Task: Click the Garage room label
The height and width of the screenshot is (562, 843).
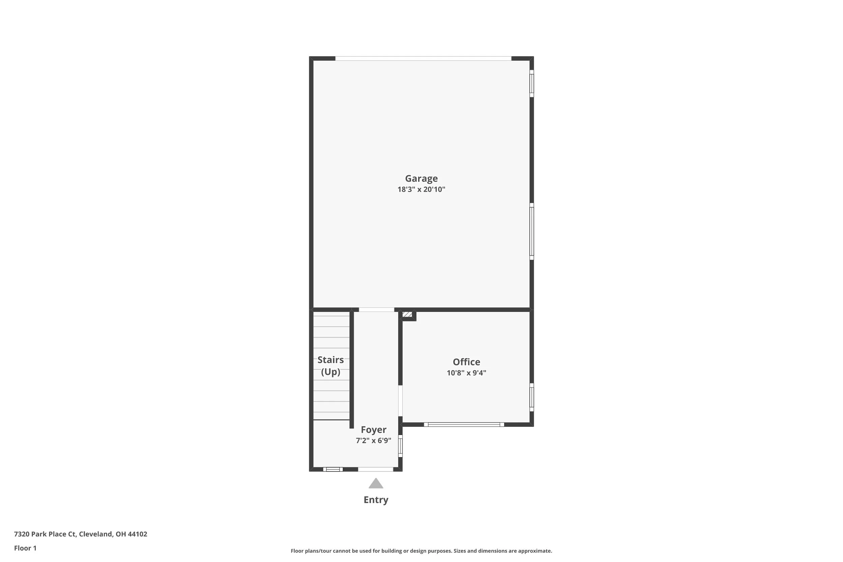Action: click(x=421, y=178)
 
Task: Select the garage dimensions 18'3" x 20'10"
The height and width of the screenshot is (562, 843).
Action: click(x=421, y=189)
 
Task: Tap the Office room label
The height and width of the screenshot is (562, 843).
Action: click(x=466, y=362)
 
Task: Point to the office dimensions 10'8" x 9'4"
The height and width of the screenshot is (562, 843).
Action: click(x=466, y=373)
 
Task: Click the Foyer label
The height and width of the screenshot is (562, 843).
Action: click(x=374, y=430)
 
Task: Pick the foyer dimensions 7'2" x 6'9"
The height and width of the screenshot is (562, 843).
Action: click(x=374, y=441)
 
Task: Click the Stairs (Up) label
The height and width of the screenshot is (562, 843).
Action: click(x=330, y=365)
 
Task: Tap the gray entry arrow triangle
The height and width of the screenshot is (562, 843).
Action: click(x=376, y=483)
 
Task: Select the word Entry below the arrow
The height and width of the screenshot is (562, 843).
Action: click(x=376, y=500)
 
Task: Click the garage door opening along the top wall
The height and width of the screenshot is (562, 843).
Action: click(x=423, y=58)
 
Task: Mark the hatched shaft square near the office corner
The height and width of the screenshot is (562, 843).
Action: click(x=407, y=314)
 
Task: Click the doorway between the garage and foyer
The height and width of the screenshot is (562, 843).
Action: click(x=376, y=310)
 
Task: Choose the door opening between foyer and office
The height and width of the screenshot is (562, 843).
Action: click(x=400, y=401)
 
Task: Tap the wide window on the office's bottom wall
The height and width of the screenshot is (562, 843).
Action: click(x=464, y=425)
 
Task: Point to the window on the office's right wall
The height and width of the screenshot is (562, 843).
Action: click(x=532, y=397)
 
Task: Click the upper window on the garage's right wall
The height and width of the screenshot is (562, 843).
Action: click(x=532, y=84)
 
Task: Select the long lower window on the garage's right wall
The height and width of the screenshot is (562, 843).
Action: click(x=532, y=232)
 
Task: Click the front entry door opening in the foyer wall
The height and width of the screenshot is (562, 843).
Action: click(x=376, y=470)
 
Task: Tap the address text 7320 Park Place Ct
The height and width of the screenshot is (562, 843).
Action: click(x=45, y=534)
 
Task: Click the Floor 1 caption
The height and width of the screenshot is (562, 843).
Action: click(x=25, y=548)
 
